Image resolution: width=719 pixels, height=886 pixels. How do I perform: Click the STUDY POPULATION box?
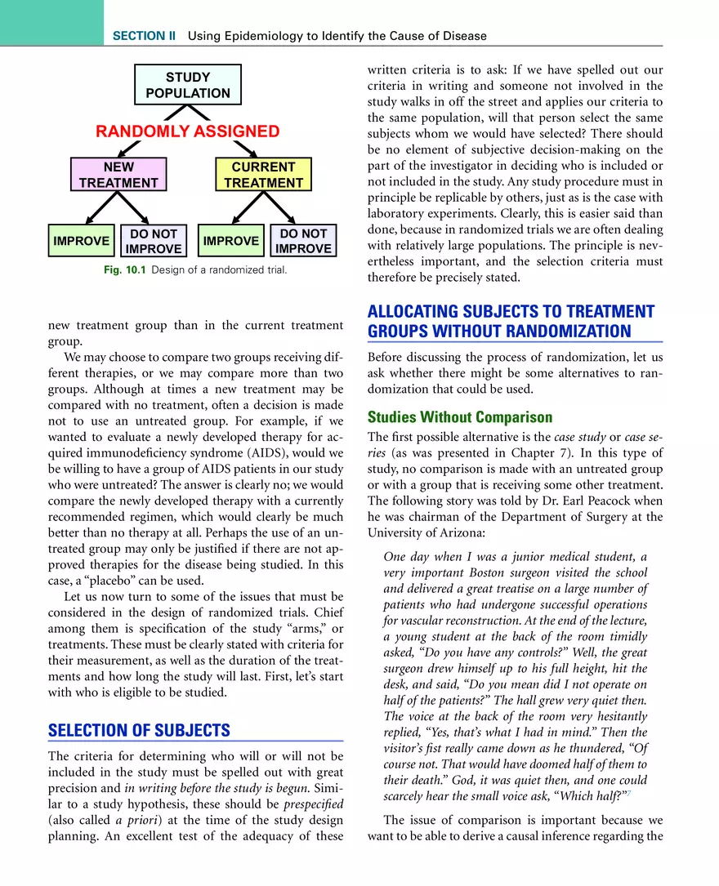[188, 85]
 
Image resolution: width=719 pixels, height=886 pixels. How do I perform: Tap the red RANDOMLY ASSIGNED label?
[188, 131]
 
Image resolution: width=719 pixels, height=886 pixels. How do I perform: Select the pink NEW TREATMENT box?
[118, 175]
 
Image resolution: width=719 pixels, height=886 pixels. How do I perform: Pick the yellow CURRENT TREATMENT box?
[263, 175]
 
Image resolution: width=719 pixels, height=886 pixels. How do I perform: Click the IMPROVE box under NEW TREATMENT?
[81, 241]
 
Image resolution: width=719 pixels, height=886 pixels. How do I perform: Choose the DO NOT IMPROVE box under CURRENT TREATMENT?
[303, 241]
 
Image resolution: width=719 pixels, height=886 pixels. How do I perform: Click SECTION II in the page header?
[144, 36]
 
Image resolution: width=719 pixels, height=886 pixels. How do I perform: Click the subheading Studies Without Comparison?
[460, 417]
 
